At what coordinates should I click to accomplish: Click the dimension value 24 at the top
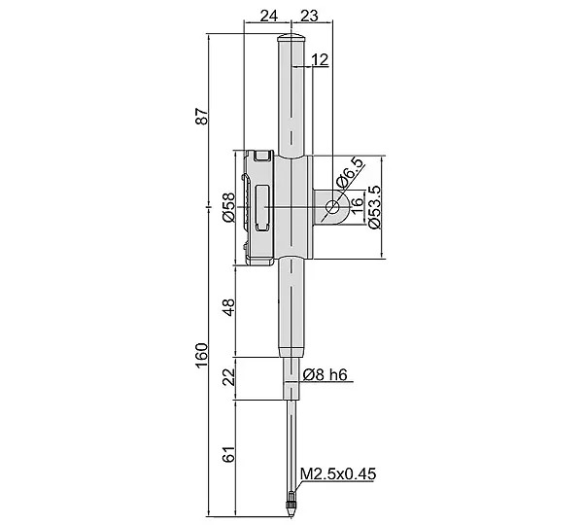pos(269,16)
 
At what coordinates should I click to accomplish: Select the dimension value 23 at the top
pos(309,16)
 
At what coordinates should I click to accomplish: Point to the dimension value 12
pos(320,59)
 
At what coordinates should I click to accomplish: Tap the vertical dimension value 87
pos(202,116)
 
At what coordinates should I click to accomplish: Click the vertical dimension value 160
pos(202,355)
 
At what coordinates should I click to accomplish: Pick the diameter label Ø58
pos(229,207)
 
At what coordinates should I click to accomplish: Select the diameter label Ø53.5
pos(374,207)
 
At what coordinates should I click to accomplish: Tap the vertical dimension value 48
pos(229,307)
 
